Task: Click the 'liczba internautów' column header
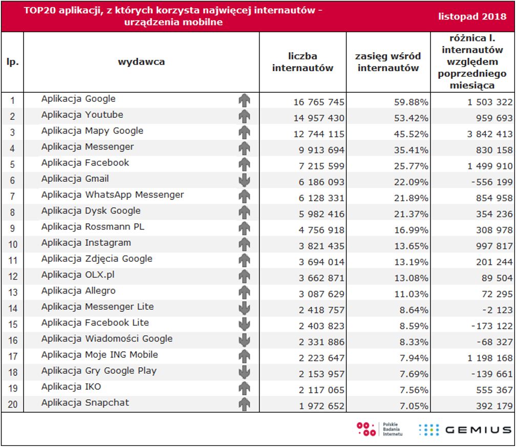click(303, 62)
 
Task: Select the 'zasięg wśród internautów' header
click(388, 62)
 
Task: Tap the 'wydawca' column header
click(141, 62)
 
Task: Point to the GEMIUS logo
click(464, 430)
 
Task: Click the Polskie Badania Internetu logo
click(379, 430)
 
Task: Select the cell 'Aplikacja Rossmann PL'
click(93, 226)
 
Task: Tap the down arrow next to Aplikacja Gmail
click(244, 180)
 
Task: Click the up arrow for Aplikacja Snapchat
click(244, 404)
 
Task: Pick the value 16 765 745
click(319, 102)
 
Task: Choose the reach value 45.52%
click(411, 134)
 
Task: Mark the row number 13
click(13, 293)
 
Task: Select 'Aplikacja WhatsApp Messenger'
click(112, 195)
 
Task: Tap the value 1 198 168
click(490, 358)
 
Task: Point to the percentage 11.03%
click(411, 294)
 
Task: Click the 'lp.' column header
click(13, 62)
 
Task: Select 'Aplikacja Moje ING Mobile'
click(99, 354)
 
